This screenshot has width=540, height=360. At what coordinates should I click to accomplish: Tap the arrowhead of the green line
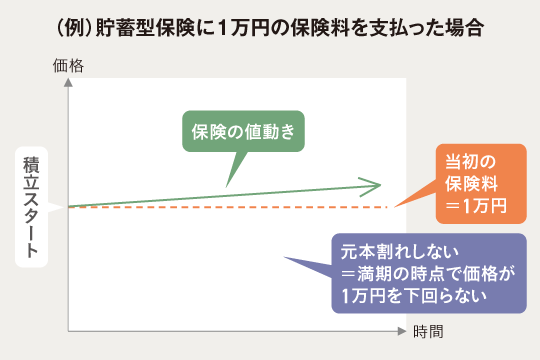coord(372,184)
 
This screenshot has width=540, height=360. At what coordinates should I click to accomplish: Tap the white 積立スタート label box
coord(32,208)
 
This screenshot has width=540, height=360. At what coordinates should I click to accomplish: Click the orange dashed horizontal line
coord(230,207)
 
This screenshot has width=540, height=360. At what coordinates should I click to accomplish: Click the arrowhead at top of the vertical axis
coord(67,82)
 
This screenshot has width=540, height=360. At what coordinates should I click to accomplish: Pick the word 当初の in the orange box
coord(470,160)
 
